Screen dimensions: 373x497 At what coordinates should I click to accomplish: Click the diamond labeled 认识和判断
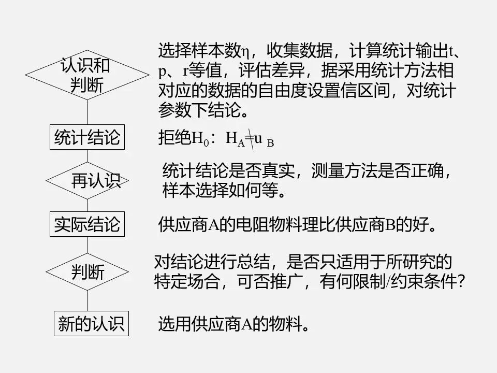[x=86, y=76]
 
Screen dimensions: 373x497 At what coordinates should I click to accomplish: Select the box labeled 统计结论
[x=87, y=138]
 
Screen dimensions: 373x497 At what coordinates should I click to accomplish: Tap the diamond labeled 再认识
[x=87, y=181]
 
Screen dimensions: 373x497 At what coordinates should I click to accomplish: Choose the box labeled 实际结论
[x=87, y=224]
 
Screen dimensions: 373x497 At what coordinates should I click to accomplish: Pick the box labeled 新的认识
[x=91, y=324]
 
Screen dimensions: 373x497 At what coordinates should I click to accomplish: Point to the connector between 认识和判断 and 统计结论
[x=87, y=111]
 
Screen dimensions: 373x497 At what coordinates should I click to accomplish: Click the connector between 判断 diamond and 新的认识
[x=87, y=300]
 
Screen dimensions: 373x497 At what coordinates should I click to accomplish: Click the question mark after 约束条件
[x=462, y=282]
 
